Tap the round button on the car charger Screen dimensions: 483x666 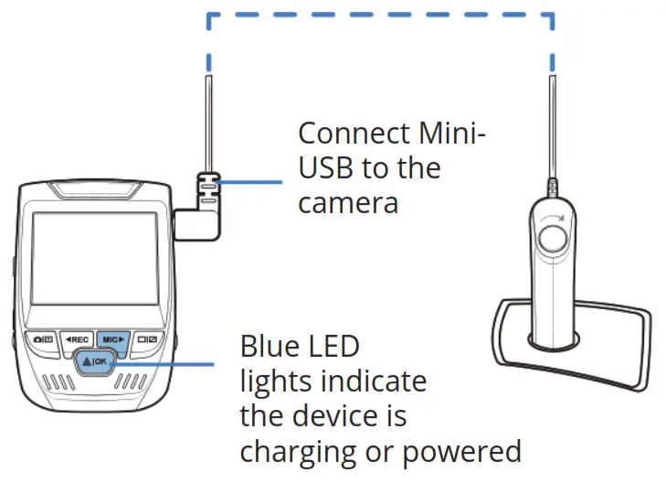pos(553,240)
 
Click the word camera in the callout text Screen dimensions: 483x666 pos(348,201)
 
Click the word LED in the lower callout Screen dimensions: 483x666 pos(334,348)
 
